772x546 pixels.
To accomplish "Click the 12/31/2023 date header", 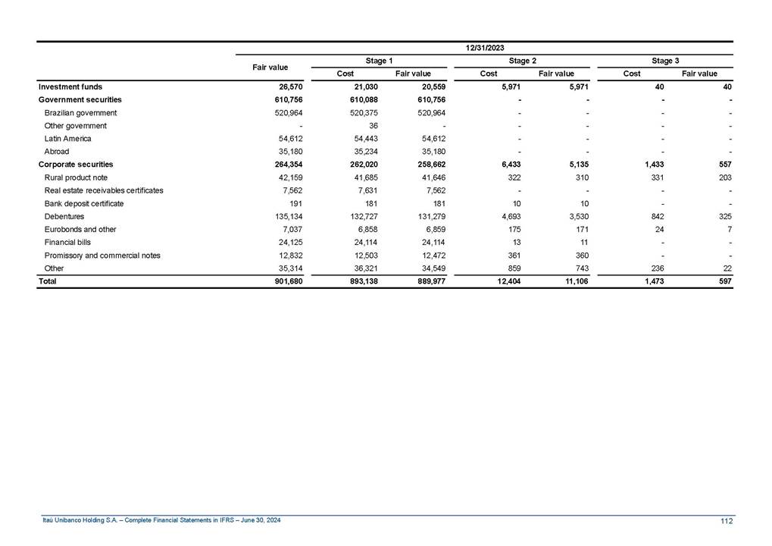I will pos(485,48).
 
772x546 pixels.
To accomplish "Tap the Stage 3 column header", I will pos(665,61).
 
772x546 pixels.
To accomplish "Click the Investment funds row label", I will pos(70,87).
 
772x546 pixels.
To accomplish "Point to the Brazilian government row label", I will pos(80,113).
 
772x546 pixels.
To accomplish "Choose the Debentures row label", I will pos(64,216).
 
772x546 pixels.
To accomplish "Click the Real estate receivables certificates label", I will pos(104,190).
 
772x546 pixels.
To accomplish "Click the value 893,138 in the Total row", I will pos(359,281).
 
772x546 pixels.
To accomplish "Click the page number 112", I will pos(727,520).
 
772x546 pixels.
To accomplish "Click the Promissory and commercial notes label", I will pos(102,255).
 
